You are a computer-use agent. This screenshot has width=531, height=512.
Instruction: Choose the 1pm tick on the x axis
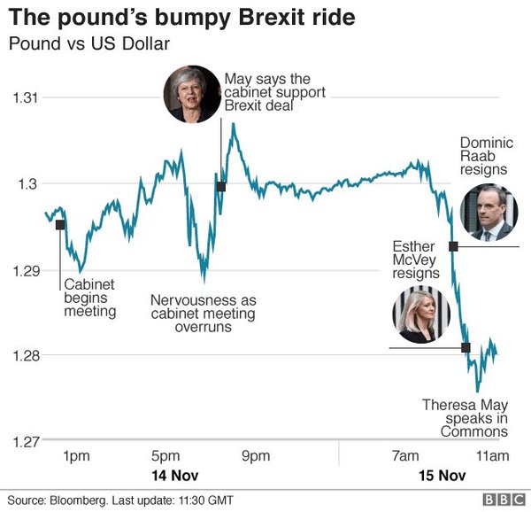(77, 456)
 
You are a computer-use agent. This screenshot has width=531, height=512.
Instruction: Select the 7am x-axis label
(405, 456)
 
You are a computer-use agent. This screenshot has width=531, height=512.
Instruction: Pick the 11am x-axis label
(492, 456)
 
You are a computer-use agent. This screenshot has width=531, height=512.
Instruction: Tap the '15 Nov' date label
(442, 475)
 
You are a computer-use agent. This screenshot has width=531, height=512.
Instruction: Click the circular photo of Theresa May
(190, 95)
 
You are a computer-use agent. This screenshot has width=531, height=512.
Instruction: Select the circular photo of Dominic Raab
(487, 213)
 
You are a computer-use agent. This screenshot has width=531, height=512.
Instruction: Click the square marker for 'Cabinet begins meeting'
(60, 224)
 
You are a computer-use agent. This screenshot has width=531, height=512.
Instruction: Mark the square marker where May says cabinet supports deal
(220, 186)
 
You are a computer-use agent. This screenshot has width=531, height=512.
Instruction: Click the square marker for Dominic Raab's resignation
(453, 245)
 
